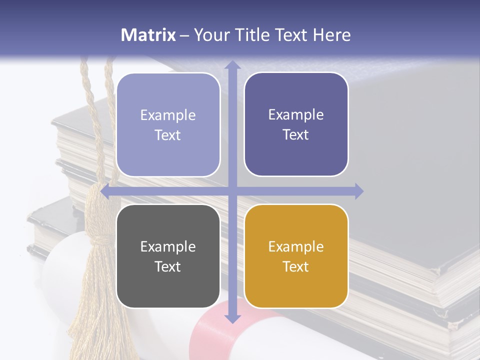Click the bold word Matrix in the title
tap(148, 35)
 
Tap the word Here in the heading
tap(331, 35)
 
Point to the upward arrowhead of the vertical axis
tap(232, 65)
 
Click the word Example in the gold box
tap(296, 246)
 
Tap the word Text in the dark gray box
tap(167, 266)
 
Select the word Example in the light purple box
tap(168, 115)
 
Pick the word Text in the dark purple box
tap(295, 135)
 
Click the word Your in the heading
tap(211, 35)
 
